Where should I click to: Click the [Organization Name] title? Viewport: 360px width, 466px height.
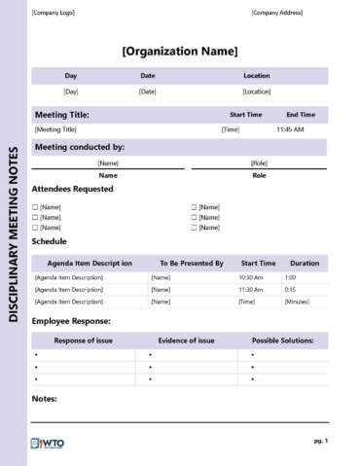click(180, 52)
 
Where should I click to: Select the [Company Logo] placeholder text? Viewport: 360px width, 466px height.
click(53, 13)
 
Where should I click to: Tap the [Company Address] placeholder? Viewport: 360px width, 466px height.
click(277, 13)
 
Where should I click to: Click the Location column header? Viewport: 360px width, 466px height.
click(257, 76)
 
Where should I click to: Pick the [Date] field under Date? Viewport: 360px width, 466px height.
click(148, 91)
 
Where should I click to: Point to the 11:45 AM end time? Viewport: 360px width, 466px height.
click(290, 129)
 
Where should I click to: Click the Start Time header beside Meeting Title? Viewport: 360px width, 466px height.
click(245, 115)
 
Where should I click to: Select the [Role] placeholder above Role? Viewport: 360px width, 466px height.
click(259, 163)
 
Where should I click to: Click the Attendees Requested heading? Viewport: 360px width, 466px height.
click(73, 189)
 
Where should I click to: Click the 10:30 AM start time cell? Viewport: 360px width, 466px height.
click(251, 277)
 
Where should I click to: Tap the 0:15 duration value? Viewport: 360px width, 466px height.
click(290, 290)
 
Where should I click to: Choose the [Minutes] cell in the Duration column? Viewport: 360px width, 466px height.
click(297, 303)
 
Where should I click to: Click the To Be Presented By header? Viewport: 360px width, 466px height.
click(192, 263)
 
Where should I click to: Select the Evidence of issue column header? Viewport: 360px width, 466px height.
click(187, 341)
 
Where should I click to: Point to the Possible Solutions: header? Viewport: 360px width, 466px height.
click(282, 341)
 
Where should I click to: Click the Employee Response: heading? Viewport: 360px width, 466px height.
click(71, 320)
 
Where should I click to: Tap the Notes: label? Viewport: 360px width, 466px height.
click(45, 399)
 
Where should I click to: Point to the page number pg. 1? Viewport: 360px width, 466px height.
click(320, 441)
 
